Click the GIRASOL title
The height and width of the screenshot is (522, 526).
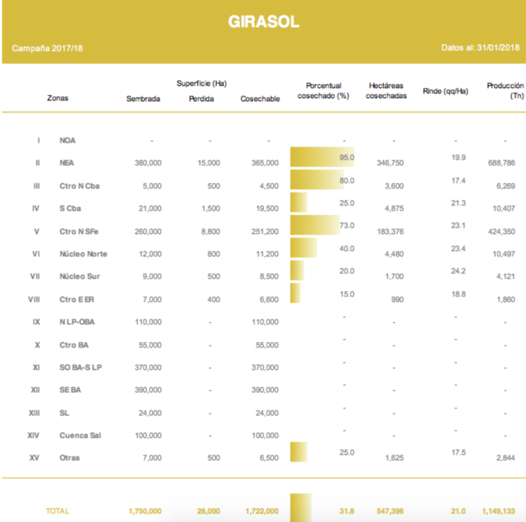coord(263,22)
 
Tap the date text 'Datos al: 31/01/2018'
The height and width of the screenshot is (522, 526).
coord(480,48)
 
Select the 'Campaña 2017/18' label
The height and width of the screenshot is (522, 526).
coord(47,48)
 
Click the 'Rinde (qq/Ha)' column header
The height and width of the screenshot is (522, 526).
coord(446,91)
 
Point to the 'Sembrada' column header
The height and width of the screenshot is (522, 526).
coord(143,99)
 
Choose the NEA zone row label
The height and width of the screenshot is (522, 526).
coord(66,163)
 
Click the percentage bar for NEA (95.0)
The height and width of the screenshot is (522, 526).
coord(322,158)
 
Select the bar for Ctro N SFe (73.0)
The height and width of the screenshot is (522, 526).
coord(314,225)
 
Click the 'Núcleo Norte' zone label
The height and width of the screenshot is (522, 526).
coord(83,254)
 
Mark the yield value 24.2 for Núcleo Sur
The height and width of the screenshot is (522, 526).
coord(458,271)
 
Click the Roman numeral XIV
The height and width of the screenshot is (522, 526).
coord(32,436)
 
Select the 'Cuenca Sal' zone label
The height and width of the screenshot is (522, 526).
coord(80,436)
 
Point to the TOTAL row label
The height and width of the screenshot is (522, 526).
coord(58,511)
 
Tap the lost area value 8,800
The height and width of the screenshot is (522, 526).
coord(209,231)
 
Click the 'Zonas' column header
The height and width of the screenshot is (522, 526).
coord(58,99)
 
